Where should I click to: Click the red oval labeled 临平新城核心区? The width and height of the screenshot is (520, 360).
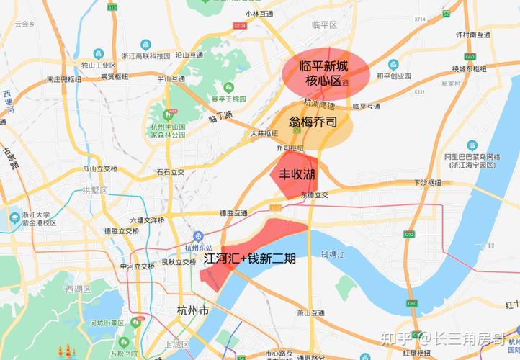click(326, 73)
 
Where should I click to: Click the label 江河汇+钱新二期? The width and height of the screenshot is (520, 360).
click(249, 257)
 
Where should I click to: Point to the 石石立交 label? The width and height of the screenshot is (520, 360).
click(171, 172)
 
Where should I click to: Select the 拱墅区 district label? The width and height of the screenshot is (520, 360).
click(94, 190)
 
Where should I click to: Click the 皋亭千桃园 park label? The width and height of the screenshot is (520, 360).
click(209, 98)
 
